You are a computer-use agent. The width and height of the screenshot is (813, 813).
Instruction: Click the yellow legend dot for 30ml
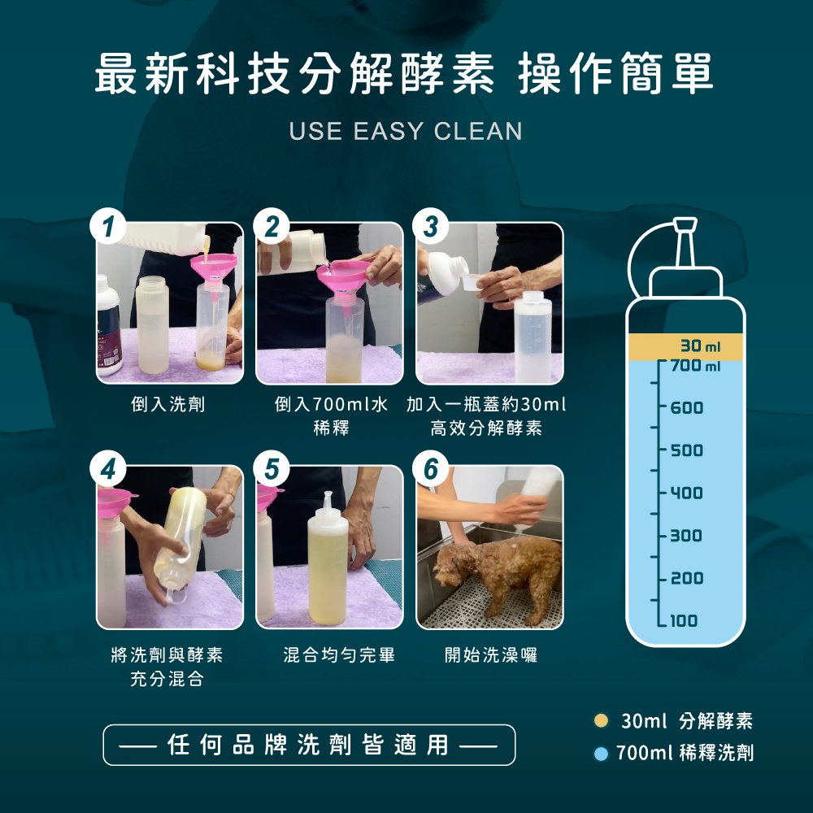pyautogui.click(x=602, y=720)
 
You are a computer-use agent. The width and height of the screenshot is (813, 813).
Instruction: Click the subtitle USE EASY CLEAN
pyautogui.click(x=406, y=131)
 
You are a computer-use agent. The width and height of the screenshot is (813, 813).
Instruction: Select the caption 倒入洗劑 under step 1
pyautogui.click(x=168, y=404)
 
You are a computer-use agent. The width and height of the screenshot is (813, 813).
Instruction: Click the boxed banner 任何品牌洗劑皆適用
pyautogui.click(x=309, y=745)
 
